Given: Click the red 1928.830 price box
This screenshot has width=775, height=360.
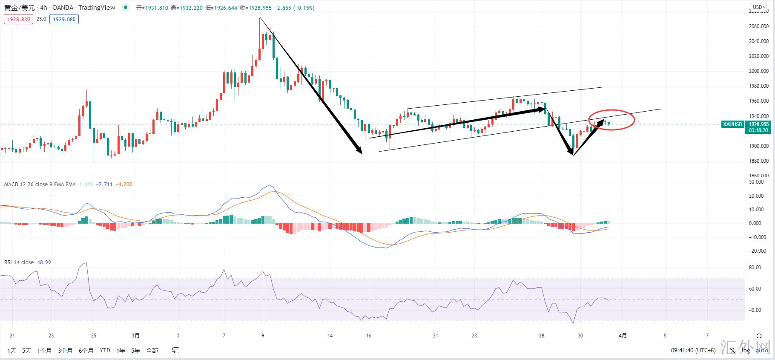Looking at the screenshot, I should coord(18,19).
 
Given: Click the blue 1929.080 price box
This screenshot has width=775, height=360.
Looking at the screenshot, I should coord(64,19).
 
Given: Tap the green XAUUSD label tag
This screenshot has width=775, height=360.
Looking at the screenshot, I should coord(732,124).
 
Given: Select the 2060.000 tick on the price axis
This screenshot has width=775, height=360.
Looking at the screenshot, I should coord(759,26).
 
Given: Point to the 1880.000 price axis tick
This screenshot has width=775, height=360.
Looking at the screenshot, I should coord(759,161).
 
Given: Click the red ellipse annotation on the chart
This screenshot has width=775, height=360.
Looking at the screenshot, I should coord(612,120).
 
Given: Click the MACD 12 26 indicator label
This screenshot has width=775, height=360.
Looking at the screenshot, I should coord(40,184).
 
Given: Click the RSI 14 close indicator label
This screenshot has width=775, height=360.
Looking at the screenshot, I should coord(19,262).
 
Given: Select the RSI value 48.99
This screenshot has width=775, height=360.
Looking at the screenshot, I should coord(44,262).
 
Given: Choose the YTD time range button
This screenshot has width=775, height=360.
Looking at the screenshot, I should coord(105,351).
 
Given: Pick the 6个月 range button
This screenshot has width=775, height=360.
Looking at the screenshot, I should coord(86,351).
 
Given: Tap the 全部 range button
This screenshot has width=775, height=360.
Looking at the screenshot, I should coord(152,351).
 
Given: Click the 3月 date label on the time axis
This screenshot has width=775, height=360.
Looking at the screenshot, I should coord(135,336).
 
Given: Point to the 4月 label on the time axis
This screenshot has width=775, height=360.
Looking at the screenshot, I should coord(623,336).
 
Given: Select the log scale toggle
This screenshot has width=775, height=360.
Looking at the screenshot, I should coord(746,351).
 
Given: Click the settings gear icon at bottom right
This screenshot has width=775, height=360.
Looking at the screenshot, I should coord(759,336).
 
